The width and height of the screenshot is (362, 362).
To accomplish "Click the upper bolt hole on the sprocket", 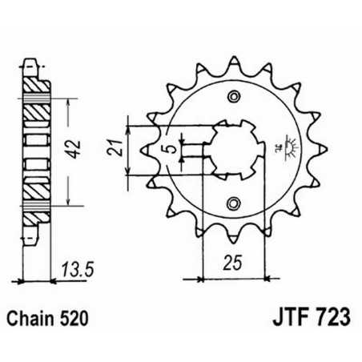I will click(234, 98).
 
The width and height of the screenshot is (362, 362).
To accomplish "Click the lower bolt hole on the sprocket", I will click(234, 201).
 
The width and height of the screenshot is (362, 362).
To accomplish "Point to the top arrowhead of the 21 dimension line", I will click(128, 119).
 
